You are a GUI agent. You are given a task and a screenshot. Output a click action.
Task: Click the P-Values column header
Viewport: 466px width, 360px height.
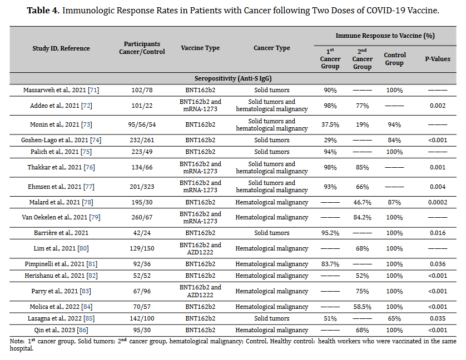point(438,59)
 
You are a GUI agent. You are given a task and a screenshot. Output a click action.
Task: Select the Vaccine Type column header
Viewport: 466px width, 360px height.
point(200,48)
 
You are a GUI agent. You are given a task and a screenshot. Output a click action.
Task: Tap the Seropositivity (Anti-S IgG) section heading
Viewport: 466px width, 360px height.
point(233,78)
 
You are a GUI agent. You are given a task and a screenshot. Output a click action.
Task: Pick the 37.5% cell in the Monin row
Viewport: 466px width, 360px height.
point(330,125)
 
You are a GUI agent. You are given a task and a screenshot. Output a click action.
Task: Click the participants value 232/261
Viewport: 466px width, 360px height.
point(142,140)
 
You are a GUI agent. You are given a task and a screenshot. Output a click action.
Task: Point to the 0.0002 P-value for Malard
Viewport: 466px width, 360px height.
point(438,202)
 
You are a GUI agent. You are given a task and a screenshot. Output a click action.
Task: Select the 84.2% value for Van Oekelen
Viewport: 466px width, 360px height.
point(362,217)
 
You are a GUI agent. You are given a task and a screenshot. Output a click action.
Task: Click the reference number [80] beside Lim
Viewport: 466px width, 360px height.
point(83,248)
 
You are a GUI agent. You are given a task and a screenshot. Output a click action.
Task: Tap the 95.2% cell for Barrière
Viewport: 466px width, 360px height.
point(330,233)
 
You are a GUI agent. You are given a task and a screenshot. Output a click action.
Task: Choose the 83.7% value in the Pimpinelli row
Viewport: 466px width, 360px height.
point(330,264)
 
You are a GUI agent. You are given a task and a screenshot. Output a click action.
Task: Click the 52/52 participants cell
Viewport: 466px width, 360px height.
point(142,276)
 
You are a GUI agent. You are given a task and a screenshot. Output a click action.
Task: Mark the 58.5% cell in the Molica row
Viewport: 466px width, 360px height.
point(362,307)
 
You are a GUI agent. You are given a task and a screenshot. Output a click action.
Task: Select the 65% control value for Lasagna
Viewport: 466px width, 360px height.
point(394,318)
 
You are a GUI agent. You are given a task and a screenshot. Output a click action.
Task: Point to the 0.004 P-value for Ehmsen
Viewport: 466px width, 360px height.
point(438,187)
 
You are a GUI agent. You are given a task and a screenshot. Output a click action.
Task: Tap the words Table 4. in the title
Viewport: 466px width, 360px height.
point(43,11)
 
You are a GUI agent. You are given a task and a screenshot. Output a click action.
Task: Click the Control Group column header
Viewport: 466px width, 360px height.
point(394,59)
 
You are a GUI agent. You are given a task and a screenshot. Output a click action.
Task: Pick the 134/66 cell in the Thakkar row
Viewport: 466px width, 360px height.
point(142,167)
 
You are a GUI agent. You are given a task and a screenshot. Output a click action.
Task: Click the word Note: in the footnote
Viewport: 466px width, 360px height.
point(17,341)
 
